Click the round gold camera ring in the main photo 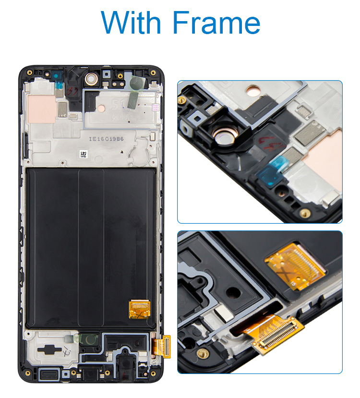tap(90, 78)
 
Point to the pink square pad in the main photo tap(42, 109)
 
